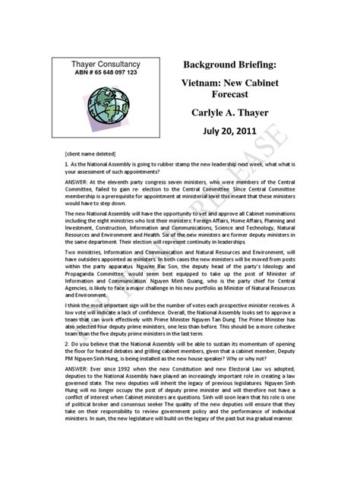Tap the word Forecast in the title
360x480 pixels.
tap(228, 96)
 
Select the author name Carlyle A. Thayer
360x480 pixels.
tap(229, 114)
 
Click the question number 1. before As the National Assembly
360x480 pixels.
tap(67, 163)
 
